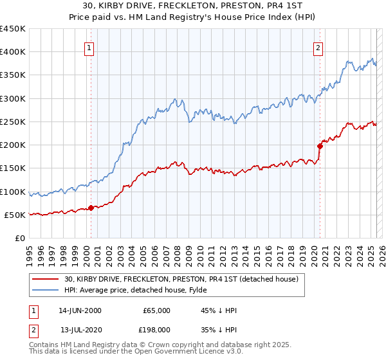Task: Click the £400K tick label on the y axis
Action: [x=13, y=52]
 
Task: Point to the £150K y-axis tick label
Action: [x=13, y=168]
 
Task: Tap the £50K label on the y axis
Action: [x=15, y=215]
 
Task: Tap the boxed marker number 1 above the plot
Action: [x=89, y=47]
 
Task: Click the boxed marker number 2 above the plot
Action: [x=318, y=47]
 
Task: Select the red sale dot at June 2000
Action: [x=91, y=208]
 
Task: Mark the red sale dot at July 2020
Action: [x=319, y=146]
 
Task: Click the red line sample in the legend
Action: [x=46, y=279]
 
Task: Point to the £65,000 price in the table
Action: [x=155, y=310]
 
